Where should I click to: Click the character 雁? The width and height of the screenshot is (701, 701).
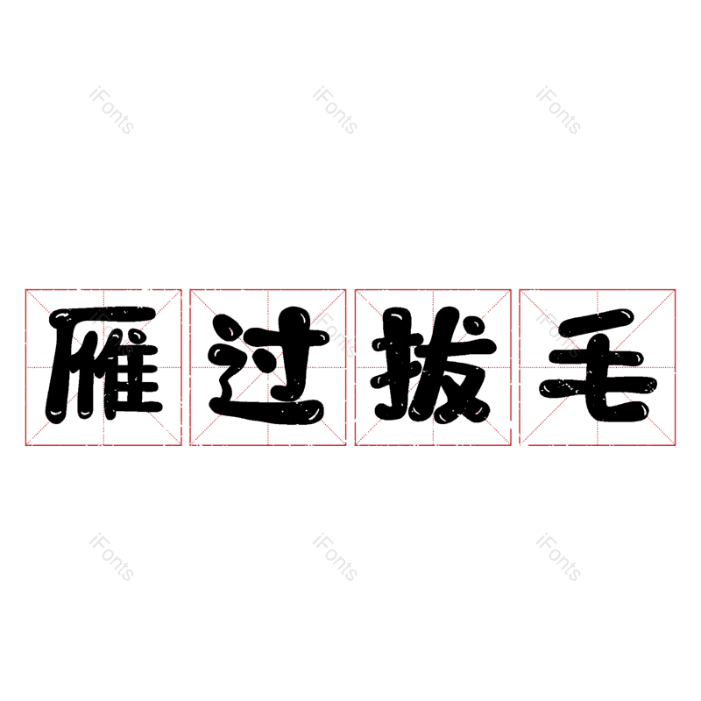tap(103, 365)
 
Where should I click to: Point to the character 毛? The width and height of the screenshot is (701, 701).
tap(598, 365)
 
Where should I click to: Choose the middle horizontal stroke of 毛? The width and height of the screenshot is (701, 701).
tap(596, 358)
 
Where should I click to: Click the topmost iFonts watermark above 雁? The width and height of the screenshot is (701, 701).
tap(111, 110)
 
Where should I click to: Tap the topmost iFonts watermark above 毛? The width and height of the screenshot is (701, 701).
tap(558, 110)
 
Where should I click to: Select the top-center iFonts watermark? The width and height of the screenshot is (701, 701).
tap(335, 110)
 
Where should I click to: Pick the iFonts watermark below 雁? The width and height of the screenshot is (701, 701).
tap(111, 557)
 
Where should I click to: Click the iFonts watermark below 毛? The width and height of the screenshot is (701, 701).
tap(558, 557)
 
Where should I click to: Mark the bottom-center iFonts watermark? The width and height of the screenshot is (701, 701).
tap(335, 557)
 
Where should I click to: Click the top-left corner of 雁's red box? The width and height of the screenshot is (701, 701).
tap(25, 290)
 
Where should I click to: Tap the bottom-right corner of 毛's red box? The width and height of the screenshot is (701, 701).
tap(675, 445)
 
